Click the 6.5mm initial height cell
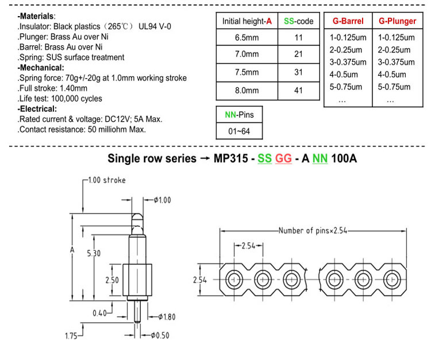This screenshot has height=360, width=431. tap(247, 37)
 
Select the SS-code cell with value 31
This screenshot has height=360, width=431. tap(298, 72)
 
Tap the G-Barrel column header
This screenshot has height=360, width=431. tap(348, 21)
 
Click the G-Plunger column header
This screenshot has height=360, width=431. tap(398, 21)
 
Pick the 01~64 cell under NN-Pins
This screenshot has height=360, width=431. tap(239, 131)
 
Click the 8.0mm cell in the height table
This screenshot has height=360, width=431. tap(247, 90)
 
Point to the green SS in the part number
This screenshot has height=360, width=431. tap(264, 158)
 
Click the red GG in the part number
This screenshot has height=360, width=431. tap(283, 158)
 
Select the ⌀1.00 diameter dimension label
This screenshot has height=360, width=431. tap(162, 200)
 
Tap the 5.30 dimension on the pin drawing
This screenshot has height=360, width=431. tap(94, 253)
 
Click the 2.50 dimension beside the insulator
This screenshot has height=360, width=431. tap(112, 280)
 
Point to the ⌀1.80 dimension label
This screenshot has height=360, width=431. tap(167, 317)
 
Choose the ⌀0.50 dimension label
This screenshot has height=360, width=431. tap(160, 335)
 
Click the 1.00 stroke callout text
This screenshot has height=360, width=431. tap(107, 180)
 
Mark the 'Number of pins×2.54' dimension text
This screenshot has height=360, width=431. tap(313, 230)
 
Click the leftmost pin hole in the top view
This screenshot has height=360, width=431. tap(234, 280)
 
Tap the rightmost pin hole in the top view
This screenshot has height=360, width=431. tap(392, 280)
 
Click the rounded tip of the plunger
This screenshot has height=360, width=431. tap(137, 217)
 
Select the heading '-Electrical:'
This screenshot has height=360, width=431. tap(37, 109)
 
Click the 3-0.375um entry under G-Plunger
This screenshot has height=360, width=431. tap(396, 62)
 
